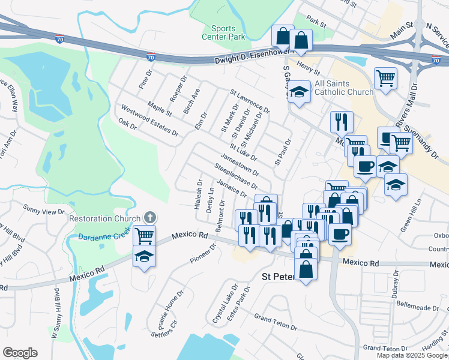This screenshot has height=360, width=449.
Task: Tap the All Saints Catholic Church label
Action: pyautogui.click(x=344, y=88)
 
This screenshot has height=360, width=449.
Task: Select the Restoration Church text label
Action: pyautogui.click(x=105, y=218)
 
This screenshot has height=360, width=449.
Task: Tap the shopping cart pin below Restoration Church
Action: pyautogui.click(x=144, y=235)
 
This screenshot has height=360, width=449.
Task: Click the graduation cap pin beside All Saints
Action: pyautogui.click(x=298, y=92)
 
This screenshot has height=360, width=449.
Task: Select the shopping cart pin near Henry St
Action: pyautogui.click(x=385, y=77)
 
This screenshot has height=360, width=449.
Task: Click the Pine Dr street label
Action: pyautogui.click(x=146, y=80)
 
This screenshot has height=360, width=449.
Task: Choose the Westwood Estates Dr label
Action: pyautogui.click(x=149, y=120)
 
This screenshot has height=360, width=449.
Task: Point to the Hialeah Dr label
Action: pyautogui.click(x=198, y=193)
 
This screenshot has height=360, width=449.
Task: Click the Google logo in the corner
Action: pyautogui.click(x=20, y=353)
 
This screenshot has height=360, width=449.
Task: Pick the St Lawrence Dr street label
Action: pyautogui.click(x=250, y=101)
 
